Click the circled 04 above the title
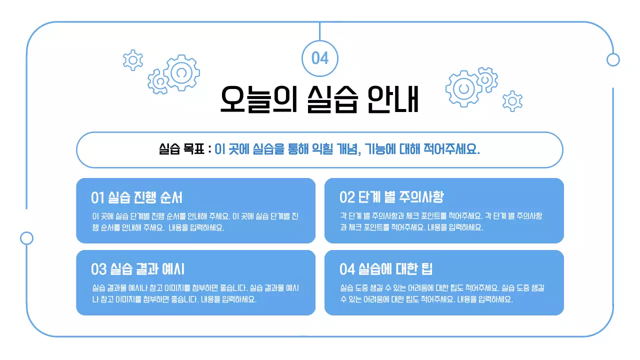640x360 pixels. pos(320,58)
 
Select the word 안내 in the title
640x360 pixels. pos(392,99)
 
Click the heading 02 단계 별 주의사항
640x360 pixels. pos(391,197)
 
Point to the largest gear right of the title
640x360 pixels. pos(464,88)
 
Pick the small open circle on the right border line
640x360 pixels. pos(613,60)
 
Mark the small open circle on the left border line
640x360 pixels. pos(26,238)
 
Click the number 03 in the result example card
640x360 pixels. pos(98,269)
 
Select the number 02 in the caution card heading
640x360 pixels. pos(347,197)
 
